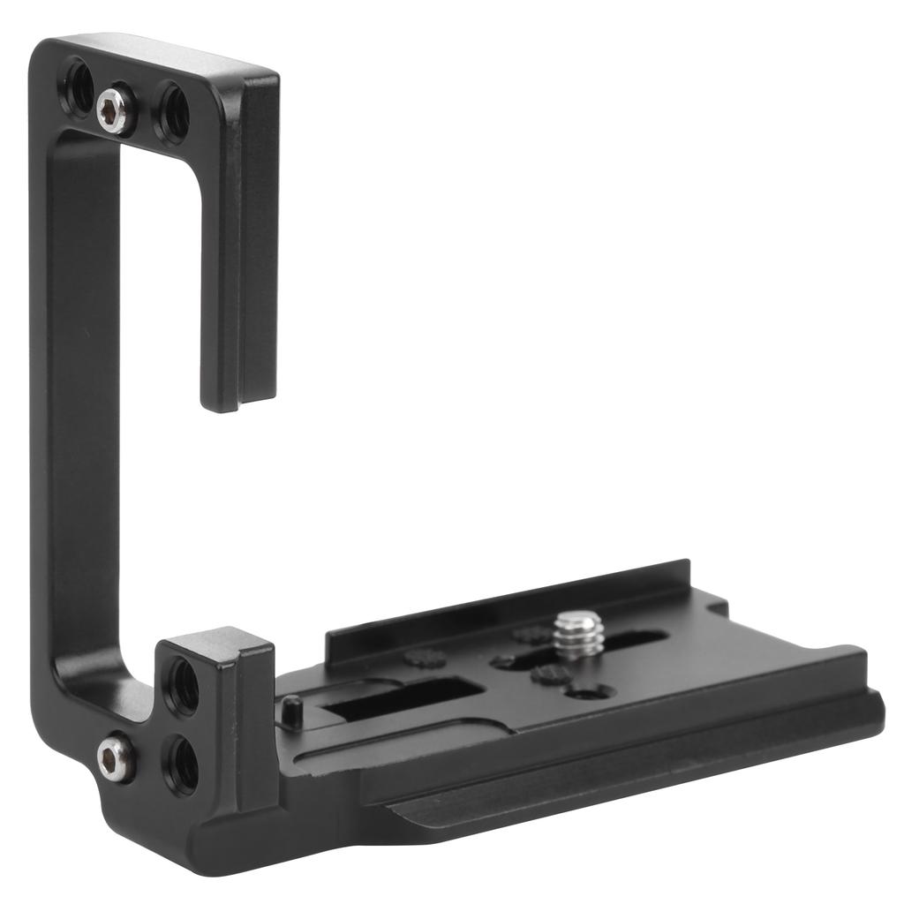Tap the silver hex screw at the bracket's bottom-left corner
115,758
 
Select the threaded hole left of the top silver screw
77,88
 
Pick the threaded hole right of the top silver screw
171,112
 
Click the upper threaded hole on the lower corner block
183,684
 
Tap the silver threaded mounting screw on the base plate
579,634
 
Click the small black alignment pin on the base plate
291,712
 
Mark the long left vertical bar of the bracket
75,397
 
